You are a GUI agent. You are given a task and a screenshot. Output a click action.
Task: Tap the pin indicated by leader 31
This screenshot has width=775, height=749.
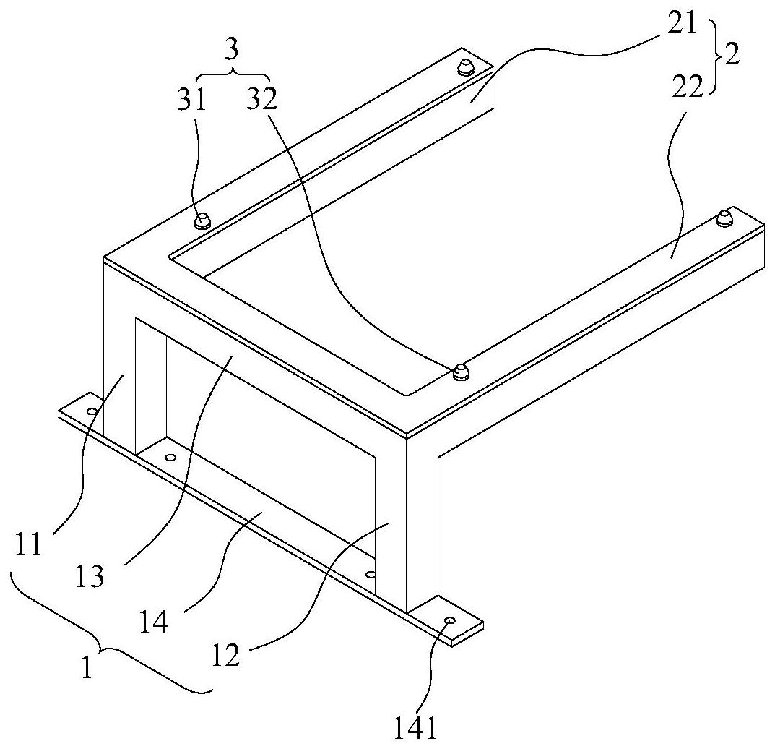203,219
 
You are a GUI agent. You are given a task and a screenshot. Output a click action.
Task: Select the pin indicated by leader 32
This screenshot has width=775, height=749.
458,373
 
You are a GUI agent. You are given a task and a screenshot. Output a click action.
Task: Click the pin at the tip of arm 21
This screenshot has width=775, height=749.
465,69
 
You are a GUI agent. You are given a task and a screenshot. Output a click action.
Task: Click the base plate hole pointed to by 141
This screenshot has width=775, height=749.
450,620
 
